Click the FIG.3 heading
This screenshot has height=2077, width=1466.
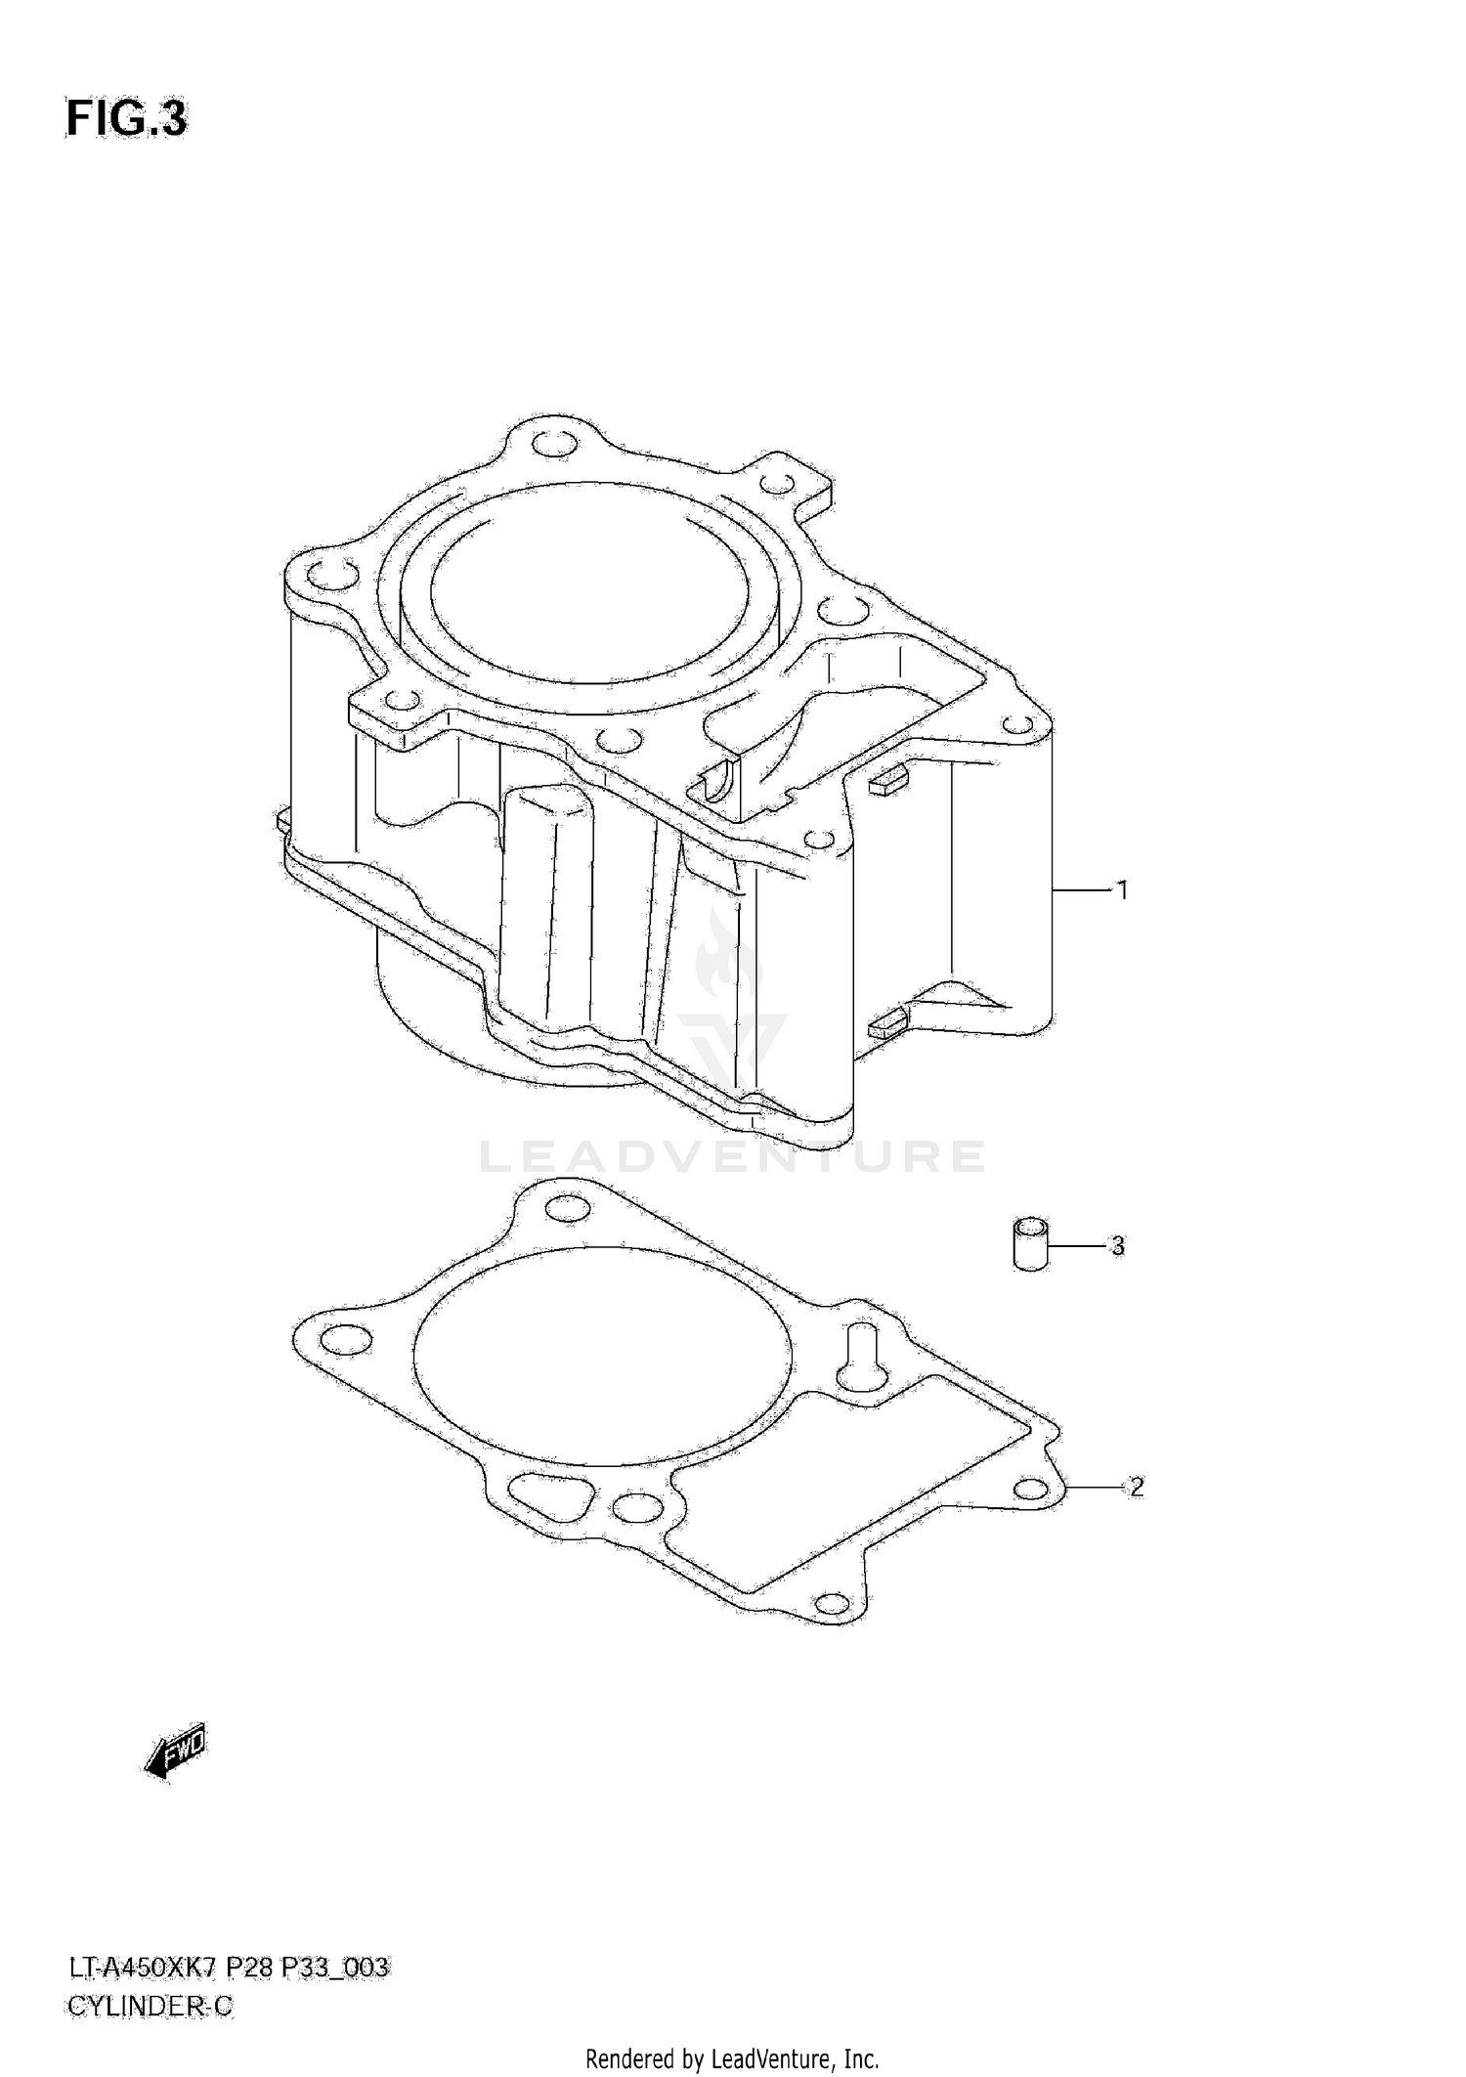126,119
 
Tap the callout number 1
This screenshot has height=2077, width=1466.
1123,890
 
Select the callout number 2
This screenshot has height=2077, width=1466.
1135,1514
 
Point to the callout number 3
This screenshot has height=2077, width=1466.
1117,1246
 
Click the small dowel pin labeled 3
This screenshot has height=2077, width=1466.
1030,1244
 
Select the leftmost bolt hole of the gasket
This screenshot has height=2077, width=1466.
346,1340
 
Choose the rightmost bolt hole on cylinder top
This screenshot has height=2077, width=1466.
1019,724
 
